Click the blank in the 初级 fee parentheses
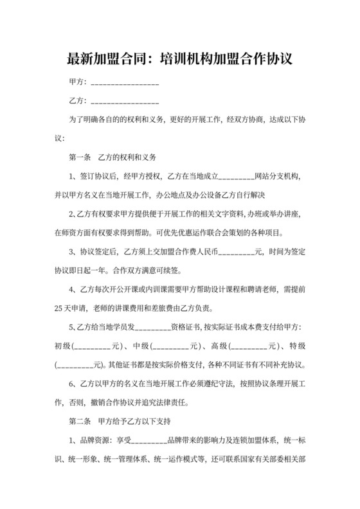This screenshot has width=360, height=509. [94, 346]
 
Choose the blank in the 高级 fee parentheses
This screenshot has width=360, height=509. [250, 346]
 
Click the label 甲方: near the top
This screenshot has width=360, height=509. [76, 83]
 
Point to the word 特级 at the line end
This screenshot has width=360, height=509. [297, 346]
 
